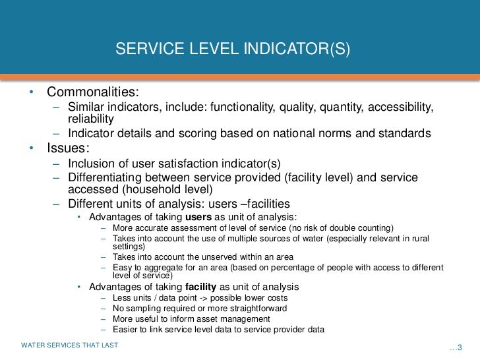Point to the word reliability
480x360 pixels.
click(x=91, y=119)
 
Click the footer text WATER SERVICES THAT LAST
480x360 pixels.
click(x=69, y=345)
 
